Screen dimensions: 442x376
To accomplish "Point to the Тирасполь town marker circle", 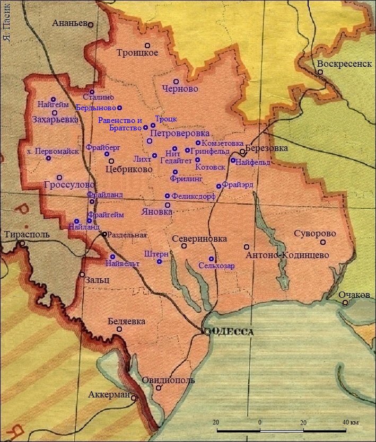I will pos(23,244).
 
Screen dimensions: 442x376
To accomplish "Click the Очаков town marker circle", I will pos(345,303).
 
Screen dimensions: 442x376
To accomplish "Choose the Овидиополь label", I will pos(168,380).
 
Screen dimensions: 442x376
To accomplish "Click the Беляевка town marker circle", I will pos(119,329).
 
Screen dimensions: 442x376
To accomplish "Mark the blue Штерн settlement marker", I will pos(160,261).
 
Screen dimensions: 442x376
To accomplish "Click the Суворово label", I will pos(316,234).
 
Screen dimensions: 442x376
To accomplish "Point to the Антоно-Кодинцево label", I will pos(287,255).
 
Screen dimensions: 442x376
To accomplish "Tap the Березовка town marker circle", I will pos(242,152).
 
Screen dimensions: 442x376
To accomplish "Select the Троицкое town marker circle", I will pos(147,45).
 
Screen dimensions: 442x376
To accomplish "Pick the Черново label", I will pos(180,89).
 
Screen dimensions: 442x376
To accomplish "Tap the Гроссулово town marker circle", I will pos(59,178).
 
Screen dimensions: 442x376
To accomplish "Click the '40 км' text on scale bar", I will pos(351,422).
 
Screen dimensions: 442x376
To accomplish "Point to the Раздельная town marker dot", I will pos(105,234).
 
